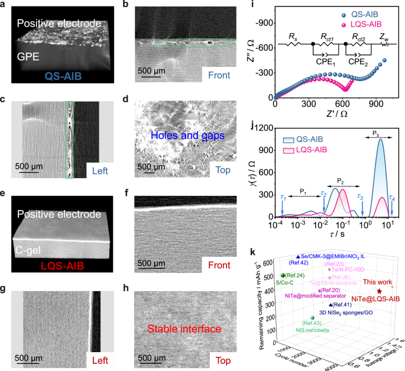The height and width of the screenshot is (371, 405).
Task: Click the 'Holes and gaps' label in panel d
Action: [x=187, y=136]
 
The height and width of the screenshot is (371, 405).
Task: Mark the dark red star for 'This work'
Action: [x=378, y=291]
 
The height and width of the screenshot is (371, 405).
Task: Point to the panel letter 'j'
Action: [x=254, y=125]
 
